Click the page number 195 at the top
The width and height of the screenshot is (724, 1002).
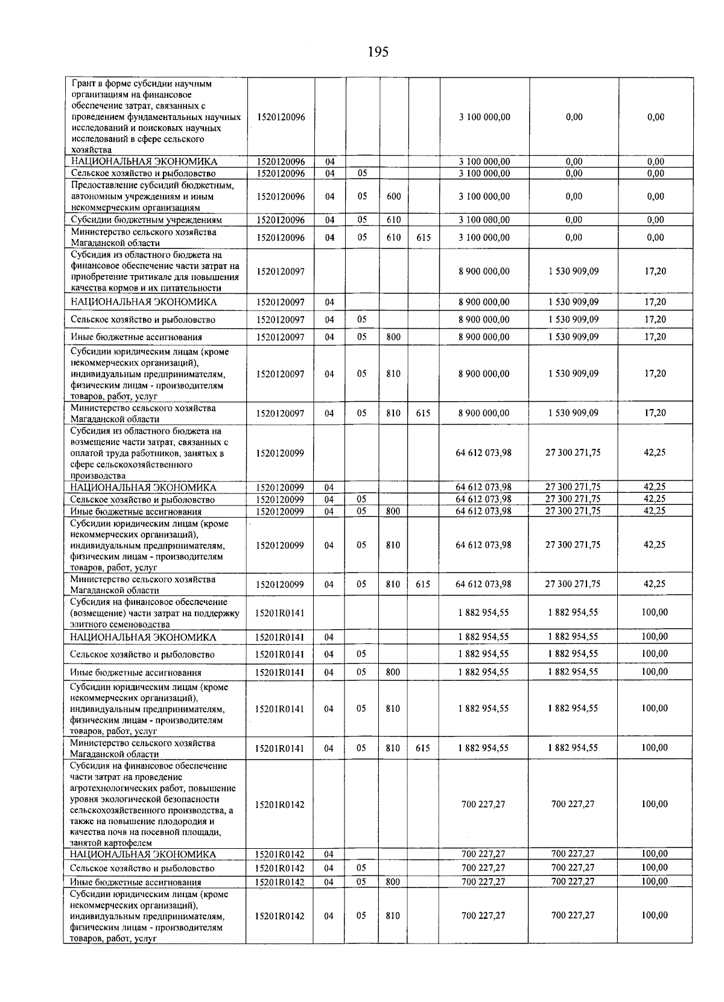pos(378,52)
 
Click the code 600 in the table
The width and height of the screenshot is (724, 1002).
pos(393,197)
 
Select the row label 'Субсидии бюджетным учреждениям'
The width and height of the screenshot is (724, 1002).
pos(147,220)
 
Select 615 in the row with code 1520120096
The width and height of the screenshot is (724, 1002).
pos(424,238)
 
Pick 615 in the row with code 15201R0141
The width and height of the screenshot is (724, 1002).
pos(423,748)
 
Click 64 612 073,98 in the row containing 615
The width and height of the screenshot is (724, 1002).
pos(483,584)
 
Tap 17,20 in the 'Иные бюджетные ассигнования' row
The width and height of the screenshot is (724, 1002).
pos(655,337)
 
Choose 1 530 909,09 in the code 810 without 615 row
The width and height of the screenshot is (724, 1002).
pos(573,373)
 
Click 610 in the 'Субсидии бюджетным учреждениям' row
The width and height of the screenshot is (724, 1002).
pos(393,220)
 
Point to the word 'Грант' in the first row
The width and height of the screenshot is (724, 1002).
pos(83,84)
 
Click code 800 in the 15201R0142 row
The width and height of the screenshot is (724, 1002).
pos(393,881)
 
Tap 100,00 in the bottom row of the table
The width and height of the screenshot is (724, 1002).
pos(655,915)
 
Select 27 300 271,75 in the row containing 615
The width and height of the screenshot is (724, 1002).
pos(573,584)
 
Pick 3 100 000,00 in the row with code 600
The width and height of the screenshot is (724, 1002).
pos(484,197)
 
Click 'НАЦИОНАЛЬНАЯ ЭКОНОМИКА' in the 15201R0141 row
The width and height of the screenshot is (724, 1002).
pos(143,637)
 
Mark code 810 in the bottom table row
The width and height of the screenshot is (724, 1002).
pos(393,916)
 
